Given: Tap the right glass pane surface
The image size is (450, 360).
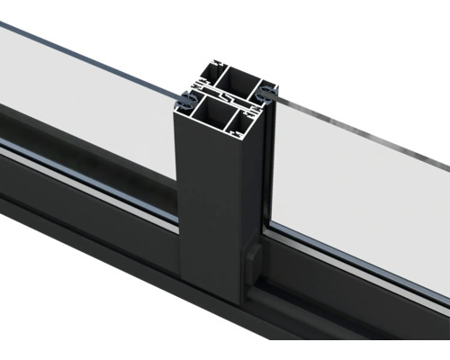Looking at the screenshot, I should pyautogui.click(x=360, y=198).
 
